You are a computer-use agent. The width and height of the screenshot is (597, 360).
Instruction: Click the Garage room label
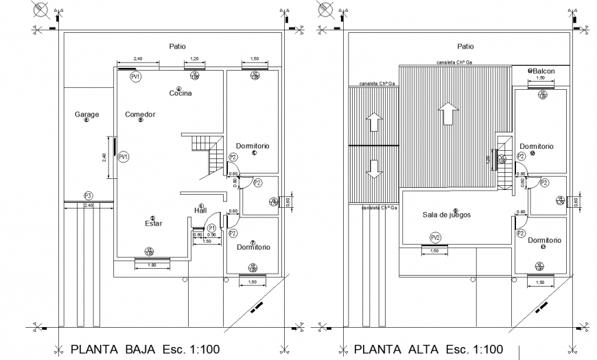(x=86, y=115)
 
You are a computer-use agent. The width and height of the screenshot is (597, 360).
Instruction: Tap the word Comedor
(x=140, y=115)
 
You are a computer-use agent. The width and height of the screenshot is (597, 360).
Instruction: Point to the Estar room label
(x=153, y=224)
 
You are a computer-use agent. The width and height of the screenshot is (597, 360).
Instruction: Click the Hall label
(x=201, y=211)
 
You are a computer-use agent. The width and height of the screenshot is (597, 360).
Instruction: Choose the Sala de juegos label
(x=446, y=215)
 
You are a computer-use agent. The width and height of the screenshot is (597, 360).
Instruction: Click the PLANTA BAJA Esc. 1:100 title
(x=145, y=349)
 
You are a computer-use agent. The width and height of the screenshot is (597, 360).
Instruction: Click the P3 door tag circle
(x=88, y=195)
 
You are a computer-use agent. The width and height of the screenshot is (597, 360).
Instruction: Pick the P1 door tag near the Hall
(x=212, y=228)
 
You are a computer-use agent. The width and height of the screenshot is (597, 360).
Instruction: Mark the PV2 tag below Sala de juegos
(x=435, y=238)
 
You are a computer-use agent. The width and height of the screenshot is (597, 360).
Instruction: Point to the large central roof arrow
(x=447, y=113)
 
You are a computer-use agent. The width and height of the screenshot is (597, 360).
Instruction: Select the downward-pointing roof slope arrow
(x=374, y=169)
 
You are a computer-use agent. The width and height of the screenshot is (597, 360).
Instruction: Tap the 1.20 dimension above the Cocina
(x=194, y=59)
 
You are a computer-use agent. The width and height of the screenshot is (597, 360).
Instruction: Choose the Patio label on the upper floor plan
(x=465, y=47)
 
